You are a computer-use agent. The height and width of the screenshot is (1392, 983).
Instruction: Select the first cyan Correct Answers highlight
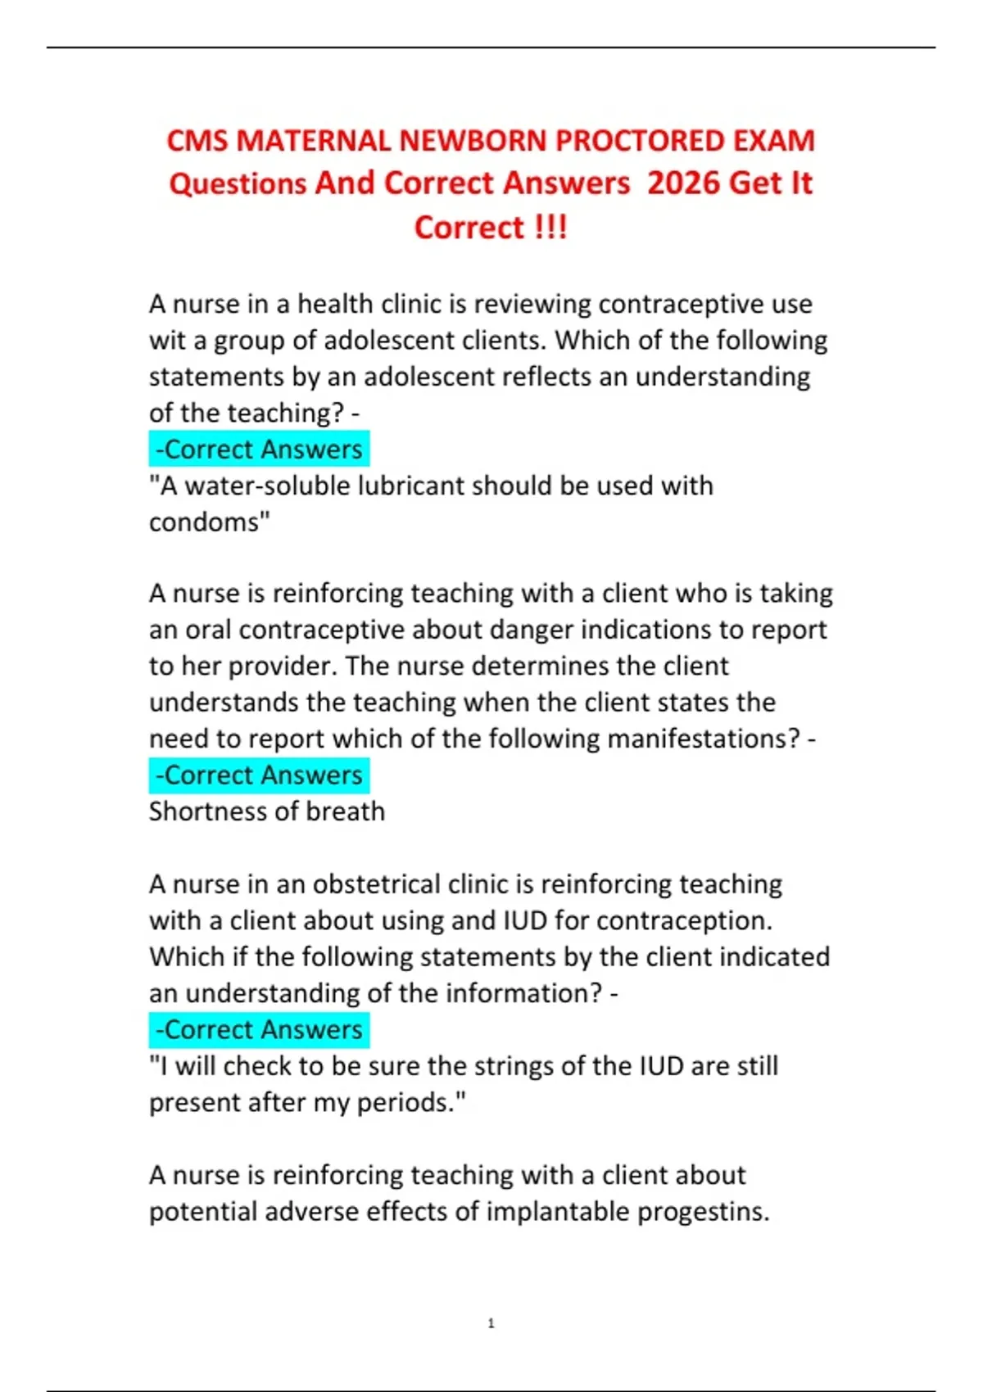click(259, 450)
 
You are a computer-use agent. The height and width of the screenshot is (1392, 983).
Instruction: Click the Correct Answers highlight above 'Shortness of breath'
click(259, 775)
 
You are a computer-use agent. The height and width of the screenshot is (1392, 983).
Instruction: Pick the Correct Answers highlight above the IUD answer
click(259, 1029)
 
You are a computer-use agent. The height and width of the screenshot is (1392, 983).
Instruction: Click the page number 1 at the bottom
click(491, 1323)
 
